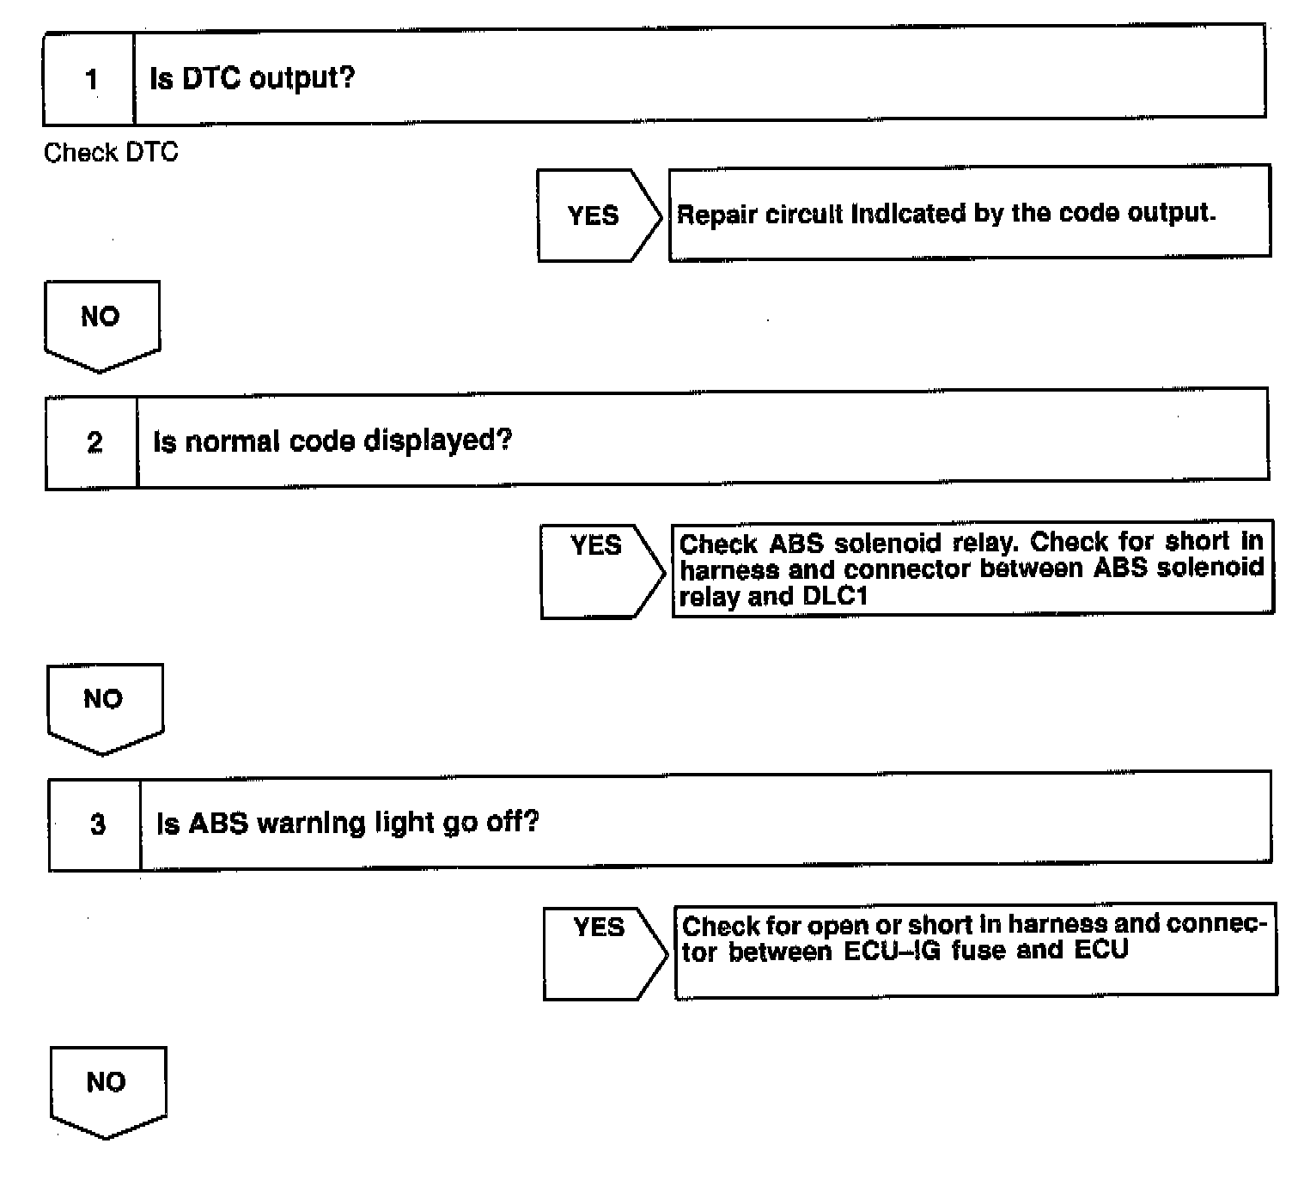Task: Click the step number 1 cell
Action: click(90, 80)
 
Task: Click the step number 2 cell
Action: click(94, 442)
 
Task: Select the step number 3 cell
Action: click(97, 824)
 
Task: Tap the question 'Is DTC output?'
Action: click(252, 79)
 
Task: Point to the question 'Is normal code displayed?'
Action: click(332, 441)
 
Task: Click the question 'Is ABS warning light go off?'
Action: click(347, 823)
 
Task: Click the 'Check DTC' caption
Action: click(111, 153)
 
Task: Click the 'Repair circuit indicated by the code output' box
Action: click(968, 213)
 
